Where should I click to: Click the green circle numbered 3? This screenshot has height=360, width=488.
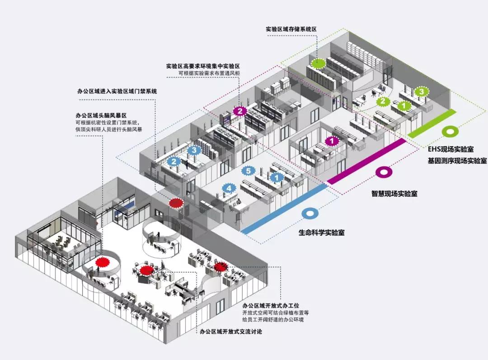[x=421, y=92]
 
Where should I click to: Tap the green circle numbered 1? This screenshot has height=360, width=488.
[x=404, y=106]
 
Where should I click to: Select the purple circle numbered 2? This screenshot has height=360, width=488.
[x=240, y=111]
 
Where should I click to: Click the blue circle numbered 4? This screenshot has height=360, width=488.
[x=229, y=188]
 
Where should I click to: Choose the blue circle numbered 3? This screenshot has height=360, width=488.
[x=194, y=150]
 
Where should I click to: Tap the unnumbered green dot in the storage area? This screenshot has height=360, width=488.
[x=319, y=64]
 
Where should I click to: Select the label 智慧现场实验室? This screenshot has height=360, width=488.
[x=394, y=193]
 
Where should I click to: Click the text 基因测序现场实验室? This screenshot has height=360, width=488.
[x=457, y=161]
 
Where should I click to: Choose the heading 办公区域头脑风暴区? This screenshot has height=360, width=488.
[x=101, y=115]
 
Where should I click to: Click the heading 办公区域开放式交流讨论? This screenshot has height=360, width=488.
[x=231, y=332]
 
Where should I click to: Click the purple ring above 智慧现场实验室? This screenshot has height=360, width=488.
[x=384, y=172]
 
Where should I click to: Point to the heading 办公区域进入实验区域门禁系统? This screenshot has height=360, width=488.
[x=117, y=91]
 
